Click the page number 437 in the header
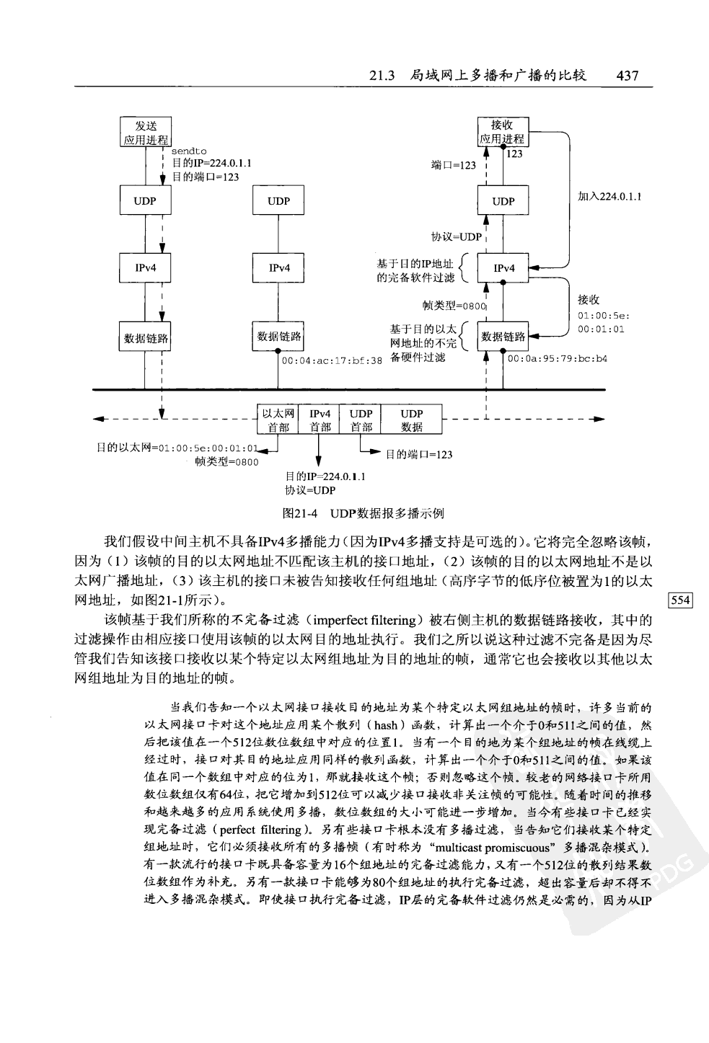tap(625, 75)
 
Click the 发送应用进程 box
tap(145, 133)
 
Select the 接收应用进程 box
tap(503, 132)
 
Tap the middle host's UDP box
tap(278, 201)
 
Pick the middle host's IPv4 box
tap(279, 268)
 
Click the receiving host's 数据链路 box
tap(503, 337)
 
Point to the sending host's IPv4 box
tap(145, 268)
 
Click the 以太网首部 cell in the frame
tap(278, 420)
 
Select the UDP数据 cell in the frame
tap(411, 420)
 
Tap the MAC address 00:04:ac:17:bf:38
tap(331, 360)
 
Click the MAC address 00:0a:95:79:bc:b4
tap(557, 358)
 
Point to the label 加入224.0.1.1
tap(610, 196)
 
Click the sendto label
tap(189, 151)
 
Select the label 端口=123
tap(453, 165)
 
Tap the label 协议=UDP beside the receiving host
tap(456, 236)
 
